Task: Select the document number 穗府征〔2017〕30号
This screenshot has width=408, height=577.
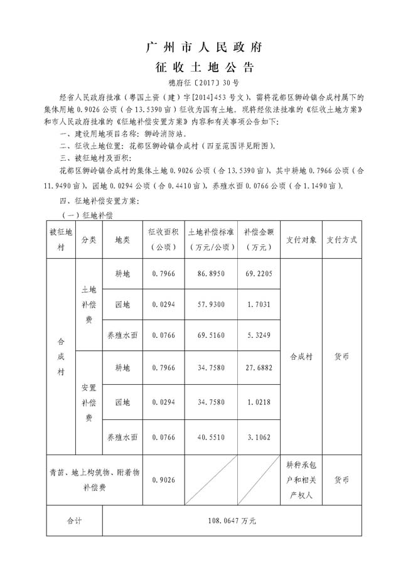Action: point(204,82)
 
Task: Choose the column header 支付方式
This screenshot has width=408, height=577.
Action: point(341,239)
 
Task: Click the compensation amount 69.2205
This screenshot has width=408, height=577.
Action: point(259,274)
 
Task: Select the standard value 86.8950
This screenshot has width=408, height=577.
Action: point(212,274)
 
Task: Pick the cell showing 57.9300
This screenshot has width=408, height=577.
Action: point(212,305)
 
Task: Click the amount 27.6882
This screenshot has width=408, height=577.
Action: point(259,366)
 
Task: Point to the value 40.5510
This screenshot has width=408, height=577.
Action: point(212,436)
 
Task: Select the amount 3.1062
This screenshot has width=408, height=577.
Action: point(259,436)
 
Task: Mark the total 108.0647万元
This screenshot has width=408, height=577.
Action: point(232,520)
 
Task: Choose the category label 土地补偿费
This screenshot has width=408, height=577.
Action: point(89,305)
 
